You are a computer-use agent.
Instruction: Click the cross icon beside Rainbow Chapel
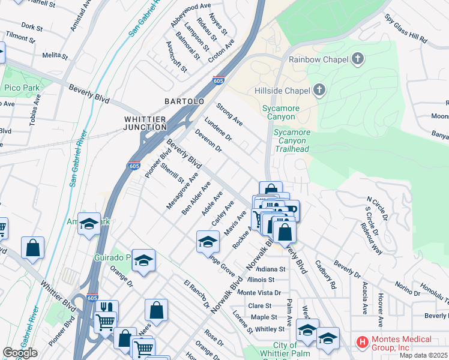[358, 59]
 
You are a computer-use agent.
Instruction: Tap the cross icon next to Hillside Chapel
[319, 91]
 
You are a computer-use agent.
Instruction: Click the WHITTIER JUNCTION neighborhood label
[145, 123]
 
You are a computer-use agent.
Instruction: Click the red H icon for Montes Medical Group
[362, 343]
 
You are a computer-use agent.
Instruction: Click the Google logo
[20, 353]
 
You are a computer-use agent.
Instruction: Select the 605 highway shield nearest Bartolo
[218, 79]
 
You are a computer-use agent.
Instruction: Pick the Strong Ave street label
[229, 113]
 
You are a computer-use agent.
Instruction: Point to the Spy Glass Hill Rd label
[406, 28]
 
